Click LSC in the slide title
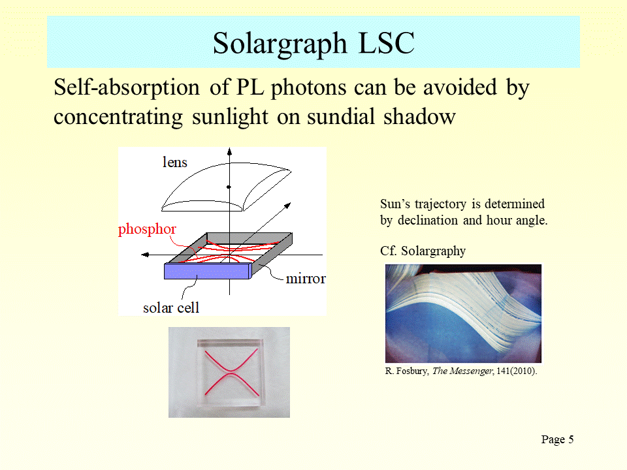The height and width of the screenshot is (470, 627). coord(386,43)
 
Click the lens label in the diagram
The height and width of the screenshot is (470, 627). coord(175,163)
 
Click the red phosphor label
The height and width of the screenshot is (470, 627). coord(147,229)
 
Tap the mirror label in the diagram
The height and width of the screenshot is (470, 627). coord(306,279)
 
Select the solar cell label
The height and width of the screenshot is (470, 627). coord(170,307)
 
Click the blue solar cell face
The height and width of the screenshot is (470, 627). coord(207,272)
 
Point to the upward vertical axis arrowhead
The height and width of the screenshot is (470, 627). coord(229,151)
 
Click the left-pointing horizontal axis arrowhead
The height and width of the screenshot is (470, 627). coord(145,255)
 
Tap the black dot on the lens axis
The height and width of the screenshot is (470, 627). coord(229,187)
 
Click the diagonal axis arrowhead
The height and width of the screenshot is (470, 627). coord(287,206)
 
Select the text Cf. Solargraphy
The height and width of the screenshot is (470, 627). coord(423,251)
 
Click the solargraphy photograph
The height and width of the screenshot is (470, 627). coord(463,314)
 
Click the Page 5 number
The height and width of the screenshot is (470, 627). coord(557,439)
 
